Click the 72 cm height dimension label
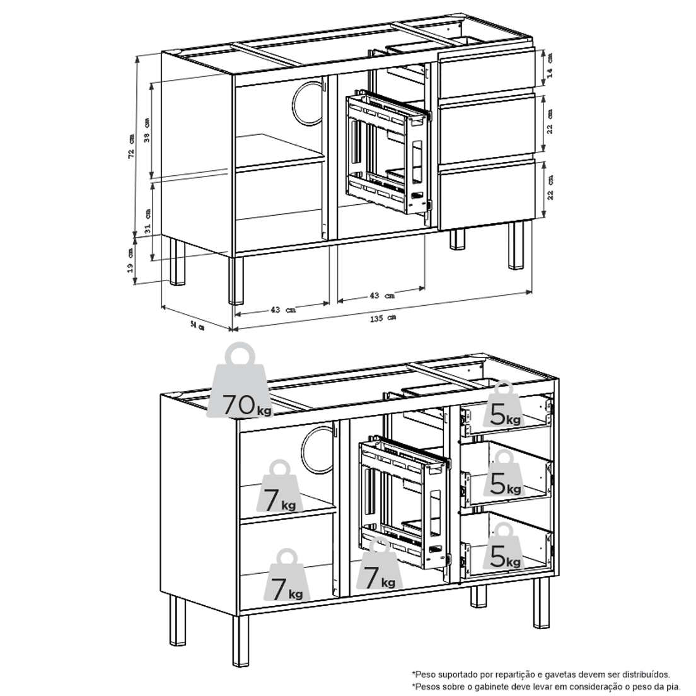131,146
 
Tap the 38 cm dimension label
147,130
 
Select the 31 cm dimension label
148,221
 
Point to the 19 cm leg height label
130,261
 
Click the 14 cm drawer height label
550,66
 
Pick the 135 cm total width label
383,318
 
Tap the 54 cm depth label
198,327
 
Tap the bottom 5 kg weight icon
504,546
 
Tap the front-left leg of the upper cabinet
236,280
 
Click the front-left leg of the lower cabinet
241,641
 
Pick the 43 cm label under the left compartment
282,310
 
